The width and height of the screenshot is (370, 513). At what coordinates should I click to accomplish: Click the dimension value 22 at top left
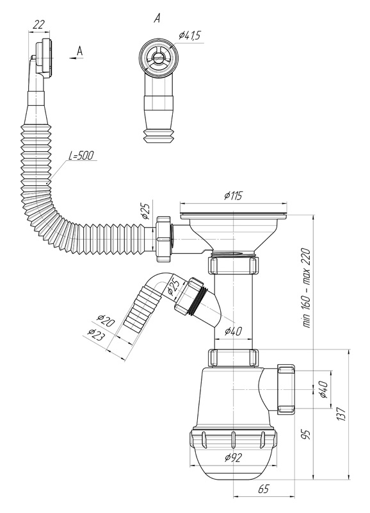pos(39,24)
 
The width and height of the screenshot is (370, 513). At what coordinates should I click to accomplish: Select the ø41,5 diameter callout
pos(189,36)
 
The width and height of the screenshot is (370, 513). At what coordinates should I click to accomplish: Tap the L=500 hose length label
pos(81,156)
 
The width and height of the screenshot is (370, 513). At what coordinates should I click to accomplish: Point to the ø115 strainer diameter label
pos(233,196)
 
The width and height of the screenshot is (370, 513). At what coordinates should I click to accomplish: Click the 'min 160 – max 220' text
pos(307,288)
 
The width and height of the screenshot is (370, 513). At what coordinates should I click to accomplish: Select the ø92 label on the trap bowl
pos(233,457)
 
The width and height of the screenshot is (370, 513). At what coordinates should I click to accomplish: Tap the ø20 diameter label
pos(106,320)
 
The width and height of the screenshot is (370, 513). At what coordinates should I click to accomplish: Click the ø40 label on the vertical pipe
pos(233,332)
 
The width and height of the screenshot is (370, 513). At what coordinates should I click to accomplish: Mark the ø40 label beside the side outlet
pos(323,390)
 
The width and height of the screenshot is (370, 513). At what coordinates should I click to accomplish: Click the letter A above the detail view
pos(157,19)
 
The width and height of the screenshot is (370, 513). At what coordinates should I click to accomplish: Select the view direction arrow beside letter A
pos(76,58)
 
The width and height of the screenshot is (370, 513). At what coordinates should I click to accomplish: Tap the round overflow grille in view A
pos(159,57)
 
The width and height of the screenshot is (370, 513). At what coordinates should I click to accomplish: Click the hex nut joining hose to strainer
pos(164,239)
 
